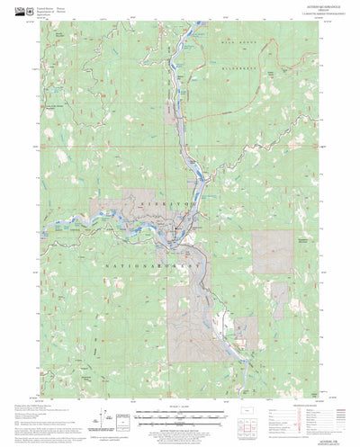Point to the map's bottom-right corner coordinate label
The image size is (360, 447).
[328, 371]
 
